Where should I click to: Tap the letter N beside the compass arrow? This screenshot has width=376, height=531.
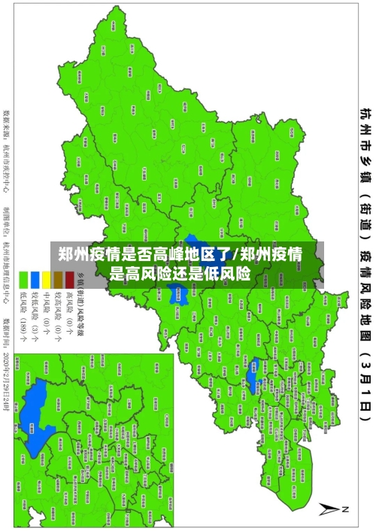(345, 509)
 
